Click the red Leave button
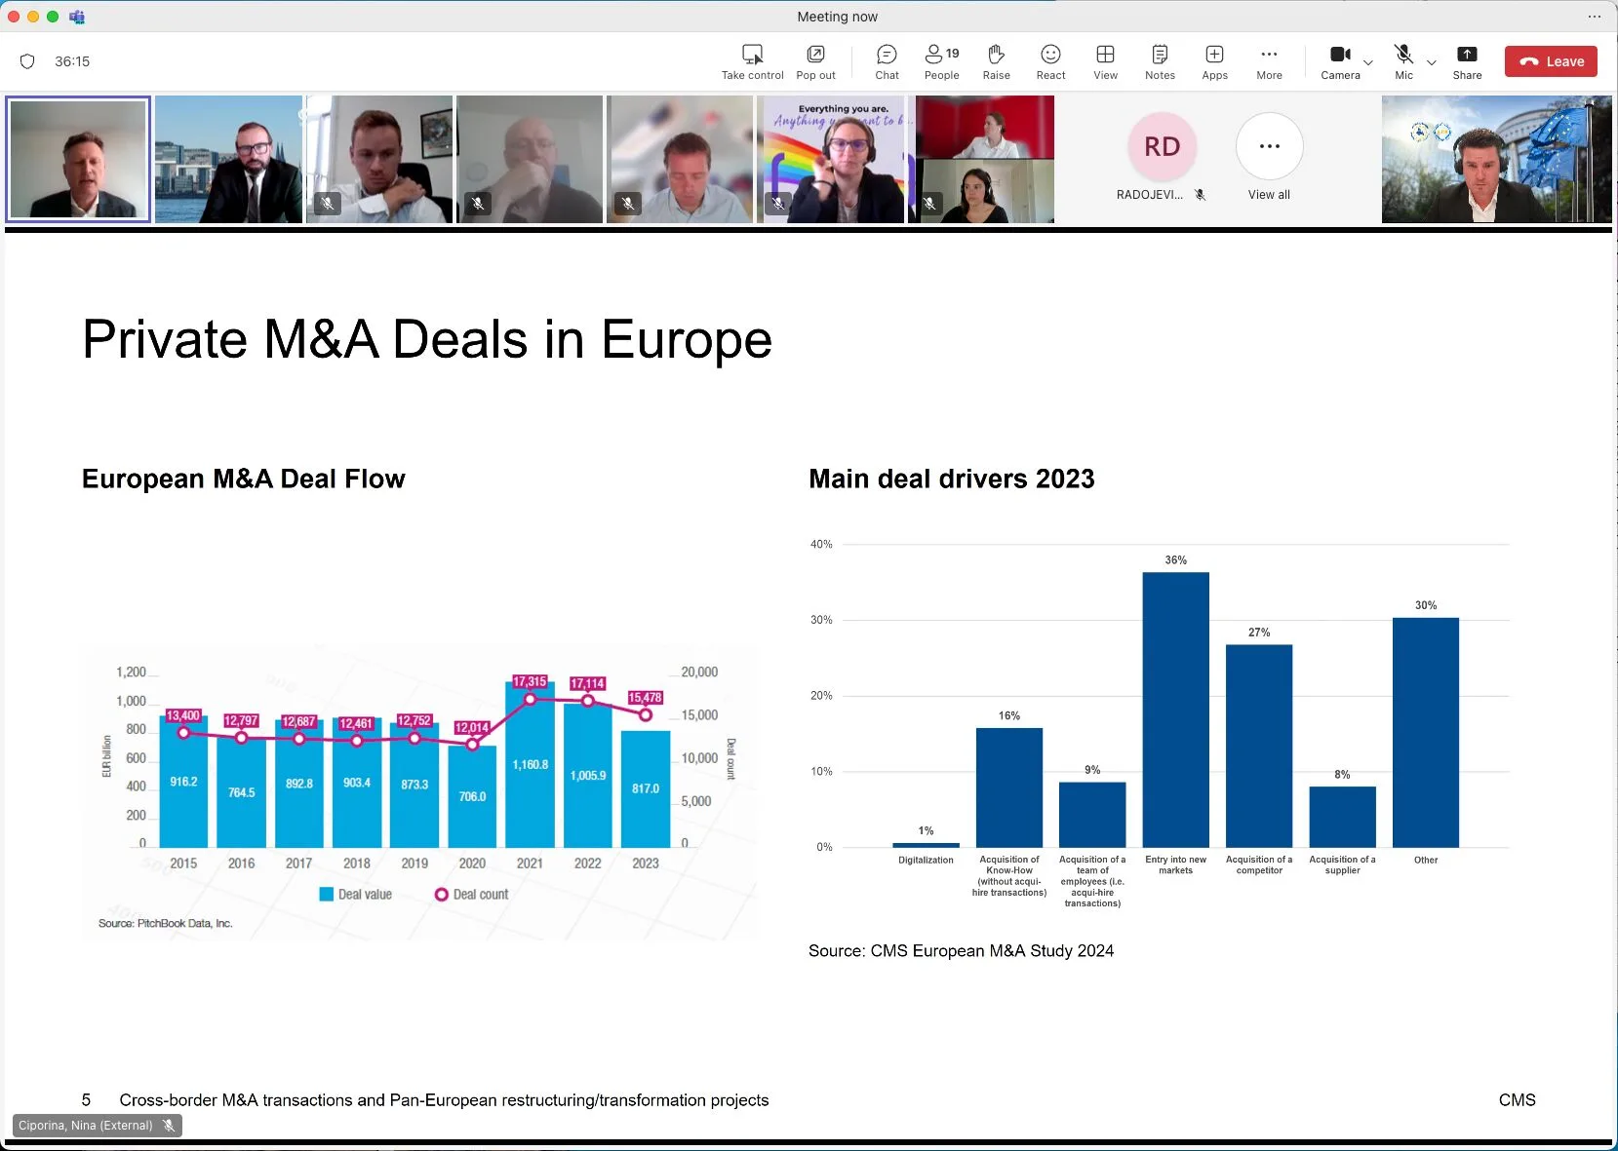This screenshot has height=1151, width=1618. click(x=1551, y=61)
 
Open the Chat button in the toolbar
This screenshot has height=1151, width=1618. click(x=887, y=61)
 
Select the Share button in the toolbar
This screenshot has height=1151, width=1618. click(x=1467, y=61)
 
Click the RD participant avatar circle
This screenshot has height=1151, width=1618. click(x=1162, y=147)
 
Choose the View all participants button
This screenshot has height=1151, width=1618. click(x=1269, y=147)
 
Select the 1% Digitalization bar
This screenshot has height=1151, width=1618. click(x=926, y=844)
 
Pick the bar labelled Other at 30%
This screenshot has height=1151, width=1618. click(x=1425, y=732)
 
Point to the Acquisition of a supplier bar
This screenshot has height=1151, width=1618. click(x=1342, y=817)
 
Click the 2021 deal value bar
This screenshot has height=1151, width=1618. click(x=530, y=765)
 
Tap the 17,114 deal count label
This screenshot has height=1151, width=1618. click(x=587, y=684)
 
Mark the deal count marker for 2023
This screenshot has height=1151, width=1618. click(x=645, y=715)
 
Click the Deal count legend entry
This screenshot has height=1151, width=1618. click(x=472, y=895)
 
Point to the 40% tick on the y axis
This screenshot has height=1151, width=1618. click(x=821, y=545)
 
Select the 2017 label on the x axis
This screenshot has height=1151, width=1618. click(x=298, y=863)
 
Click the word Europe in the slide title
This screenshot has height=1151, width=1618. click(x=686, y=340)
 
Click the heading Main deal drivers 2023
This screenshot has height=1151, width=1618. click(x=951, y=480)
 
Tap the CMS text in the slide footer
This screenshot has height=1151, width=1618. click(x=1517, y=1100)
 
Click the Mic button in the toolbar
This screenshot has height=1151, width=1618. click(x=1403, y=61)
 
